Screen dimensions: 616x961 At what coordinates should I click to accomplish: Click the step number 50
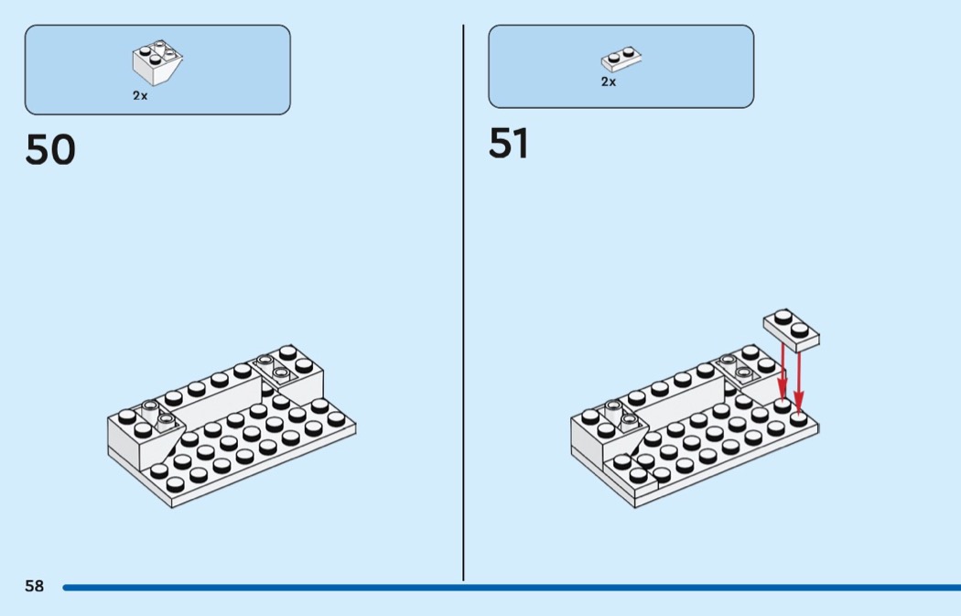pyautogui.click(x=50, y=151)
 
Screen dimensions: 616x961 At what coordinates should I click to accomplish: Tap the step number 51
pyautogui.click(x=508, y=145)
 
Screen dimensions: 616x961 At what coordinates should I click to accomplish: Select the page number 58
pyautogui.click(x=34, y=587)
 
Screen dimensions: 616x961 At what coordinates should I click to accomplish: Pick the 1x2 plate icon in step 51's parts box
pyautogui.click(x=621, y=59)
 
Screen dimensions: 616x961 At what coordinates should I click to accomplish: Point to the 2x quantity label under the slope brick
pyautogui.click(x=140, y=95)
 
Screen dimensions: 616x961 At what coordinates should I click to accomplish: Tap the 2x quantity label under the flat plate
pyautogui.click(x=609, y=81)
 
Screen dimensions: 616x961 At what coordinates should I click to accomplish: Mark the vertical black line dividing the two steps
pyautogui.click(x=463, y=302)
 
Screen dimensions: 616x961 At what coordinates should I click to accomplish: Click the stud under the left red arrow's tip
pyautogui.click(x=783, y=405)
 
